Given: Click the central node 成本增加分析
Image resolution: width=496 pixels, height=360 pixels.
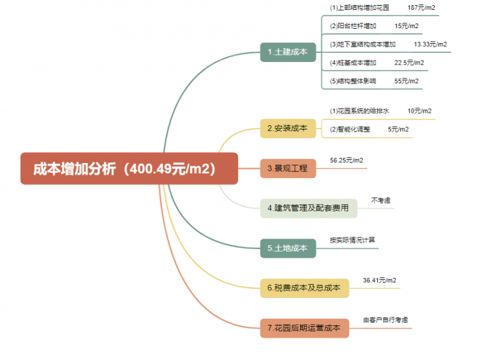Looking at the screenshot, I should tap(129, 169).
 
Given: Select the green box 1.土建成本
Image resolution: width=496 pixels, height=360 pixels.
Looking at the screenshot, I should tap(288, 52).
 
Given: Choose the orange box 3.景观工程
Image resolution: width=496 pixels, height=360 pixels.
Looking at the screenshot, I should tap(288, 168).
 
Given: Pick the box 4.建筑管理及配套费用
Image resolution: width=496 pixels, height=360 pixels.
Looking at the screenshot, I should tap(308, 209).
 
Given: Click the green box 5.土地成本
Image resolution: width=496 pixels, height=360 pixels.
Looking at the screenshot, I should tap(288, 248).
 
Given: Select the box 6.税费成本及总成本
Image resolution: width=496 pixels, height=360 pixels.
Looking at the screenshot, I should tap(304, 288).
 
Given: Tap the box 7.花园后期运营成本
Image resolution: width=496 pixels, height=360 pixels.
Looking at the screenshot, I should tap(304, 328).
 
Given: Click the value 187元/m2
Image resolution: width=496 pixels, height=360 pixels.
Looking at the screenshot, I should tap(422, 8).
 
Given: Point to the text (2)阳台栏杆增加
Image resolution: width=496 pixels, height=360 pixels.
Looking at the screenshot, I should tap(353, 26).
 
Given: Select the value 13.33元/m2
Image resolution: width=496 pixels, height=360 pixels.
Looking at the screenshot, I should tap(430, 44).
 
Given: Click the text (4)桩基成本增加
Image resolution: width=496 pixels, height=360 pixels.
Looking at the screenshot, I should tap(353, 63).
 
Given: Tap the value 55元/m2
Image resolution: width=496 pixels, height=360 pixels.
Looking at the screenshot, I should tap(407, 81).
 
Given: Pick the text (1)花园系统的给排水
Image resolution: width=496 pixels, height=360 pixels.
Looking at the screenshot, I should tap(360, 111).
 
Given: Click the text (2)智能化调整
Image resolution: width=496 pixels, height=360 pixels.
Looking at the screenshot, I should tap(350, 129).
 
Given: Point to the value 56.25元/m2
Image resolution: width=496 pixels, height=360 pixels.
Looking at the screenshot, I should tap(347, 160).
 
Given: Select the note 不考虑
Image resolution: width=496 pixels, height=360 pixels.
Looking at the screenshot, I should tap(381, 200).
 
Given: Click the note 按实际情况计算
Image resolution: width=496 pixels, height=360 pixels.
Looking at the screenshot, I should tap(352, 239).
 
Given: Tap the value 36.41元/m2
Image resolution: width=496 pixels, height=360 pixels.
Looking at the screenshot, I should tap(379, 280).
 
